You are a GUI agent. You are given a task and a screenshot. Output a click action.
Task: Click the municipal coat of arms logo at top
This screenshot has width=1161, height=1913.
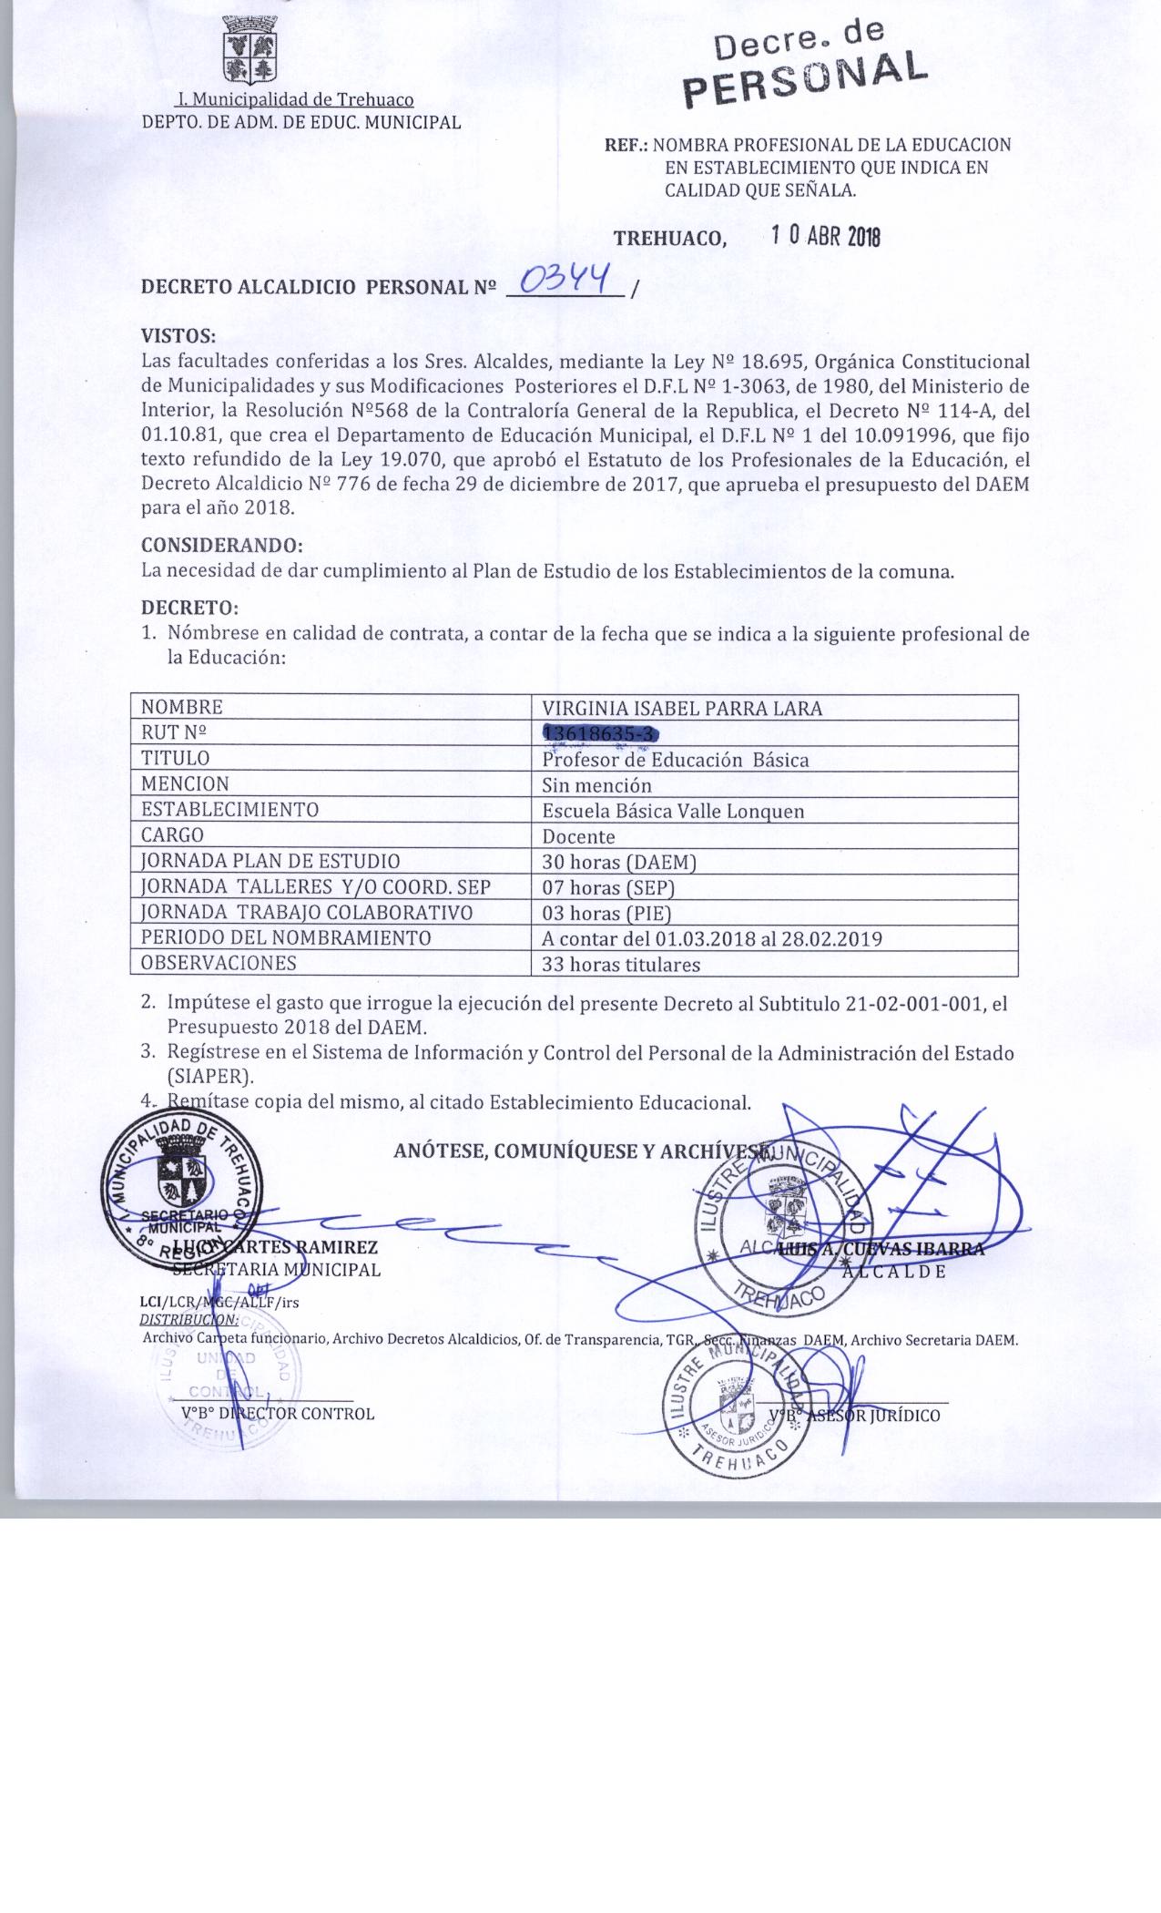(x=250, y=49)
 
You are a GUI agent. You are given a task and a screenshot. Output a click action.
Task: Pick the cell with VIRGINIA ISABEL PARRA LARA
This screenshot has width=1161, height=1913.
(x=682, y=708)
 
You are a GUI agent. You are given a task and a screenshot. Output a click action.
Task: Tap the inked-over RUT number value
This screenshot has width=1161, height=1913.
(x=599, y=733)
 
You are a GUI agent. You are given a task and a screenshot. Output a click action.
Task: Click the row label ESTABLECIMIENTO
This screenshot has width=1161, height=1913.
(x=229, y=810)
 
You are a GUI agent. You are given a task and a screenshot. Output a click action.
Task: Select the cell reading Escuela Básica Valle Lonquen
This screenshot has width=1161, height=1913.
(x=673, y=811)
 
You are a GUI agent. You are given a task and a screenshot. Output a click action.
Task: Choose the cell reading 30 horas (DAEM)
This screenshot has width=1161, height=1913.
(x=607, y=862)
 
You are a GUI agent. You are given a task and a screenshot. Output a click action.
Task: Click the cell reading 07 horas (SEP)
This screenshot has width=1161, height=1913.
(x=607, y=887)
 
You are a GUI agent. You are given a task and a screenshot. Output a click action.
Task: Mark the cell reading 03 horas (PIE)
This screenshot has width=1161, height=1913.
(x=606, y=913)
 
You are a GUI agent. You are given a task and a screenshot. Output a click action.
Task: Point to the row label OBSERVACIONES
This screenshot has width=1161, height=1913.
(x=219, y=963)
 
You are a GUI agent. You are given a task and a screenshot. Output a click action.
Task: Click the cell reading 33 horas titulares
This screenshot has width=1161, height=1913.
(x=621, y=965)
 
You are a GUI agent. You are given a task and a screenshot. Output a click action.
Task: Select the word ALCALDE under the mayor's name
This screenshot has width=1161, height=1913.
(x=893, y=1271)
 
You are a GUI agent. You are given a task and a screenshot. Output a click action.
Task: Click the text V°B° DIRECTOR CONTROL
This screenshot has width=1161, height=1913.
(x=278, y=1414)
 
